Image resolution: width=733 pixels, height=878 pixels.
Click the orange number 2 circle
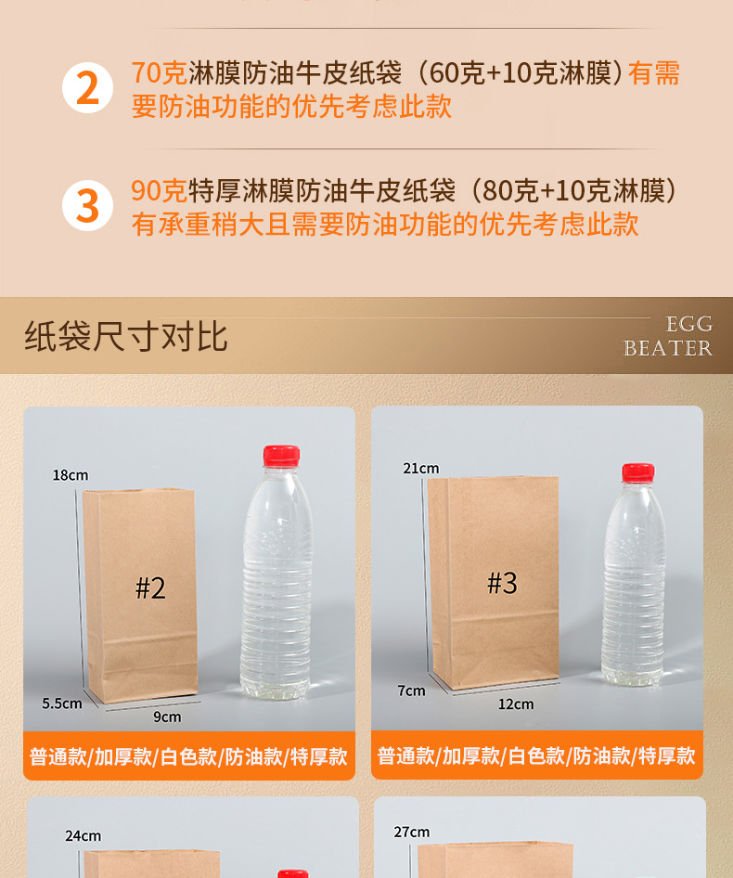tap(87, 88)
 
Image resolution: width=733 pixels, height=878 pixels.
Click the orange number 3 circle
tap(87, 206)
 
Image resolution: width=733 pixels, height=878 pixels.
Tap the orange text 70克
tap(159, 73)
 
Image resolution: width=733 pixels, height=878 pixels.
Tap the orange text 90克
tap(159, 191)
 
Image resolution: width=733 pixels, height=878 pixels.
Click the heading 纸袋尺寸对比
tap(126, 336)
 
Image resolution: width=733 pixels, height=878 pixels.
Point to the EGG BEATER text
tap(668, 336)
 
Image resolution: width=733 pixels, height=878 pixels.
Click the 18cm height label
tap(71, 475)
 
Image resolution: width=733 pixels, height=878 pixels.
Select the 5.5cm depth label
tap(62, 704)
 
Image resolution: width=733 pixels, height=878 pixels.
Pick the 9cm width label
tap(167, 717)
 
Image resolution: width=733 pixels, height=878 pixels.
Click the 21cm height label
tap(421, 468)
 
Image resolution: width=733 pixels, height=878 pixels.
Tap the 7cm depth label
tap(411, 691)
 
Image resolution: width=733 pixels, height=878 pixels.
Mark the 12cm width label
tap(516, 704)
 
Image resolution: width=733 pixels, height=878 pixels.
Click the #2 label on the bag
tap(150, 587)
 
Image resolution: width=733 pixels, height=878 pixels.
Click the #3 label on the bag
tap(502, 583)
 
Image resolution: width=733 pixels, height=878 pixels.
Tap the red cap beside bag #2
tap(281, 455)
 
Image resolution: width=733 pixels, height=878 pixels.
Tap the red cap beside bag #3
tap(637, 472)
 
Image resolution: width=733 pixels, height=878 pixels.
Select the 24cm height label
tap(84, 836)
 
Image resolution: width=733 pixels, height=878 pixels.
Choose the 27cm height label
tap(412, 833)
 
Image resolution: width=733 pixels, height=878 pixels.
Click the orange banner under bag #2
tap(189, 756)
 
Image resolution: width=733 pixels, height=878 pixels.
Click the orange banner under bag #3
tap(537, 755)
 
